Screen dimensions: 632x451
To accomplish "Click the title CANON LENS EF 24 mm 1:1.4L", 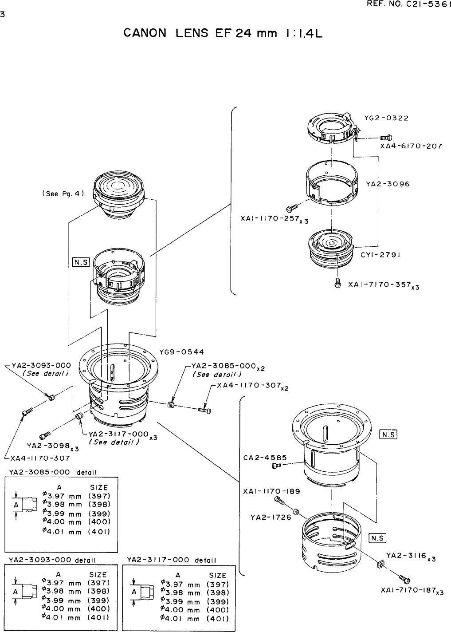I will click(x=222, y=33).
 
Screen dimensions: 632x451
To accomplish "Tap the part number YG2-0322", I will click(x=386, y=118).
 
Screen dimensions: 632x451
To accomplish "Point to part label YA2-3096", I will click(x=388, y=184).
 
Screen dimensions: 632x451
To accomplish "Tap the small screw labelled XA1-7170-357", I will click(x=337, y=282).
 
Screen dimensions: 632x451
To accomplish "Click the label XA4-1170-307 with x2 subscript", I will click(x=249, y=386).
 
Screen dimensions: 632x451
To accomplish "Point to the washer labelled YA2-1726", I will click(x=297, y=513).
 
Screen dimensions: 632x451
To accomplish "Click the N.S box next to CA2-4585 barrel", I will click(x=388, y=434).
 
